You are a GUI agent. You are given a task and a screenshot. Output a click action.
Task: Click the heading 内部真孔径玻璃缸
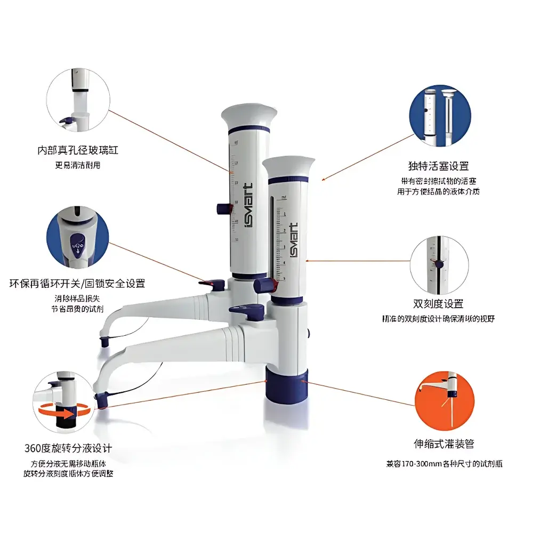[78, 151]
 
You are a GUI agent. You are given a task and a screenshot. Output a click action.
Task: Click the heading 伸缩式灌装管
[445, 443]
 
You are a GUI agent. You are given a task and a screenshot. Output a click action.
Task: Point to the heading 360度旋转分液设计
[68, 447]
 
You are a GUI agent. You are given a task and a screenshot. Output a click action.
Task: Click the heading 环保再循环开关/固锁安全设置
[77, 283]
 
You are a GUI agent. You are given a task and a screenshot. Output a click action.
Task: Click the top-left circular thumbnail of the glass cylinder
[78, 104]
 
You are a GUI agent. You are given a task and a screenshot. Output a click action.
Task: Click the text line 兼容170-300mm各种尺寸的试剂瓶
[444, 464]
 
